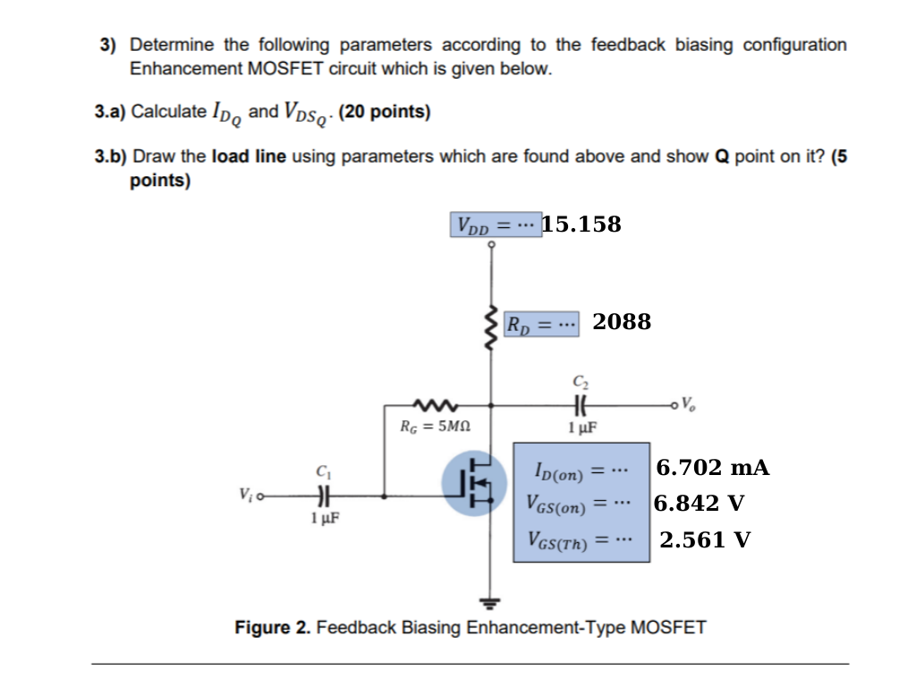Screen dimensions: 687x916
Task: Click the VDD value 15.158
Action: point(581,224)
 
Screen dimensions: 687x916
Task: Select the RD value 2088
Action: point(622,322)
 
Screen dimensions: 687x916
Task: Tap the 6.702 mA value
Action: point(713,468)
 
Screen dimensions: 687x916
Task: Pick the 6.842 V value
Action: point(700,503)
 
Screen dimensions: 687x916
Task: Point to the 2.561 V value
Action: point(705,539)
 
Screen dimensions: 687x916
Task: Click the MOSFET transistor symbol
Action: point(475,483)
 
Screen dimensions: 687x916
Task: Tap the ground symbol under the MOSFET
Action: point(490,600)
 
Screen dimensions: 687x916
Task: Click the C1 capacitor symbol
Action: point(322,494)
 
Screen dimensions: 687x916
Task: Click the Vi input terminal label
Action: point(245,493)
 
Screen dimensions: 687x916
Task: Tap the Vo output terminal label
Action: point(686,402)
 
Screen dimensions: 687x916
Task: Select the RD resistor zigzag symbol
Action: point(490,330)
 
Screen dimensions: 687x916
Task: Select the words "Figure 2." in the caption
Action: point(273,627)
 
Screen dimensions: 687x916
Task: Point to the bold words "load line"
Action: point(248,157)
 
